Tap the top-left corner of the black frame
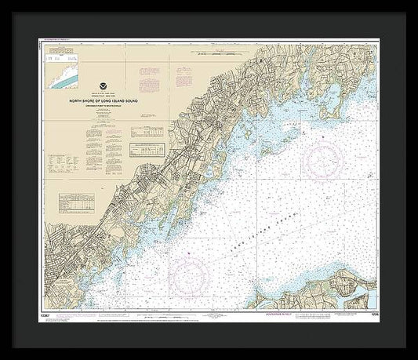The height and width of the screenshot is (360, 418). pos(2,2)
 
